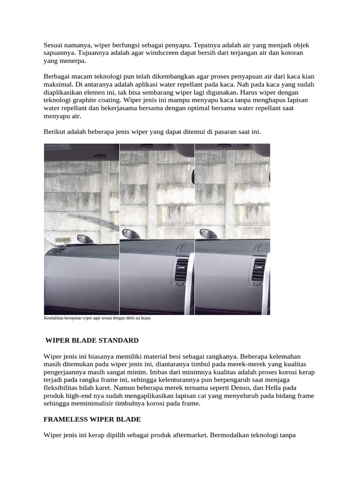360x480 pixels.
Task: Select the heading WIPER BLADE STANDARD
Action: click(x=92, y=340)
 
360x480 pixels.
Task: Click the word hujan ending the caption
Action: click(x=145, y=318)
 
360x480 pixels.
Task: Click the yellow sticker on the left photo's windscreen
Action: click(x=62, y=240)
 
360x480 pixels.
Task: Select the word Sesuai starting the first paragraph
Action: click(x=54, y=45)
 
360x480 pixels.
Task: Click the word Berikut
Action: click(x=55, y=132)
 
